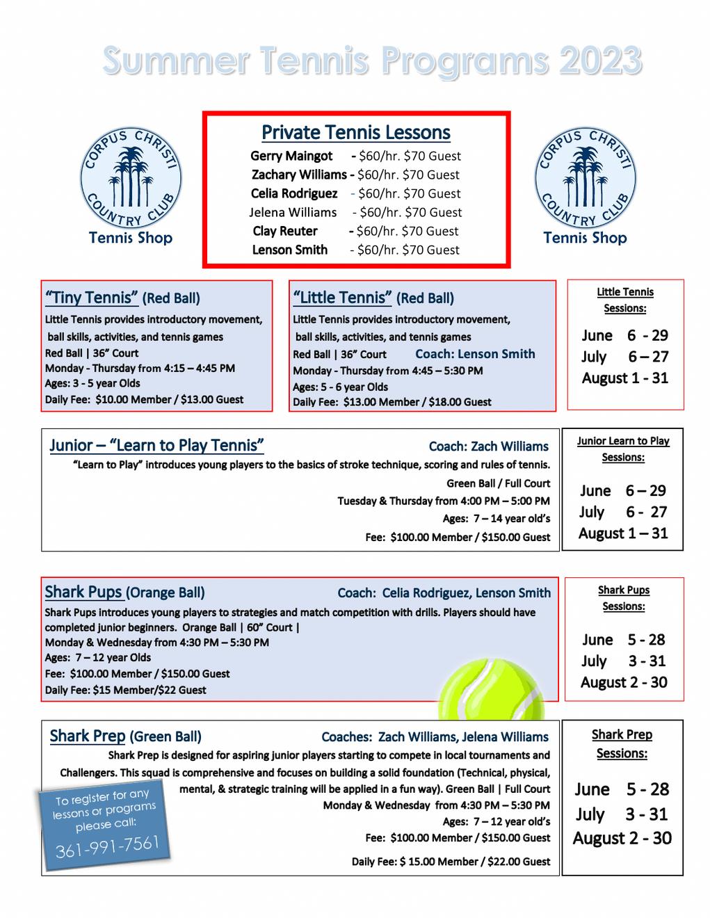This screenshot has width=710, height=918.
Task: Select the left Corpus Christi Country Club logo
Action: (131, 179)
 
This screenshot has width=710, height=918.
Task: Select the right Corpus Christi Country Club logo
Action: (585, 179)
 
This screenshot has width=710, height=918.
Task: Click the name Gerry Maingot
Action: (291, 156)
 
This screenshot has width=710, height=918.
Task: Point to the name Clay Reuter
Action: (284, 232)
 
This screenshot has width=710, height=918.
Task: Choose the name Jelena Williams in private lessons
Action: (293, 213)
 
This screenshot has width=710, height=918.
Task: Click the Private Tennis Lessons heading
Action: (355, 133)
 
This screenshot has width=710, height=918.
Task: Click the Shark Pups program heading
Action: (83, 593)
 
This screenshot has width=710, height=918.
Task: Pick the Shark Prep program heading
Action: (88, 736)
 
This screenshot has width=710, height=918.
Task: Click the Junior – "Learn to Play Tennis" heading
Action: (156, 446)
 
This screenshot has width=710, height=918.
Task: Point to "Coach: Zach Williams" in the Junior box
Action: (488, 446)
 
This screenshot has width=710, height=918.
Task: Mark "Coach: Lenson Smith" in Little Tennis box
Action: (475, 354)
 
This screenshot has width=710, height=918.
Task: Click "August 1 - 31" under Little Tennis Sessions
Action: (624, 378)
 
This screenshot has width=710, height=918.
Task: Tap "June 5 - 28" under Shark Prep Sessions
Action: (622, 789)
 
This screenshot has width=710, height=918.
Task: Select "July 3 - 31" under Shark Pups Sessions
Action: (624, 661)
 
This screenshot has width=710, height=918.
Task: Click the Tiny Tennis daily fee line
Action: (144, 400)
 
